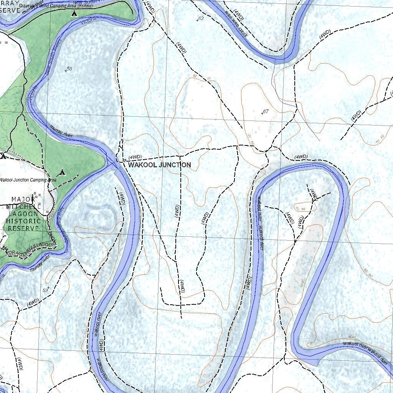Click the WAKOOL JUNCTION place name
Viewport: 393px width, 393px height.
tap(159, 165)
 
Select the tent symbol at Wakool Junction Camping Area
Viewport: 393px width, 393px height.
tap(62, 173)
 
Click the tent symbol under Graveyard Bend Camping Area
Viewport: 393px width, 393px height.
tap(74, 13)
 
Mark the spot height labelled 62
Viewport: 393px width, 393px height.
tap(200, 18)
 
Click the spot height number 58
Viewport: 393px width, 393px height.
tap(69, 69)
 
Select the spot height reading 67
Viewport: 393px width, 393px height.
tap(265, 112)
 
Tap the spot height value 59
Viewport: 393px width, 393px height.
tap(46, 290)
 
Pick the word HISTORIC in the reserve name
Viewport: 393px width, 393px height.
tap(23, 221)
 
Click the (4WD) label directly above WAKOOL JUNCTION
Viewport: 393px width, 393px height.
tap(135, 157)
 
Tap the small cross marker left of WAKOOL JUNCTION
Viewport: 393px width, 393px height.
tap(125, 160)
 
